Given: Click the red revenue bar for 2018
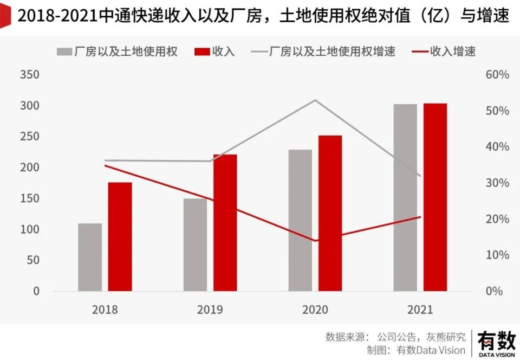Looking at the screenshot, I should [x=120, y=236].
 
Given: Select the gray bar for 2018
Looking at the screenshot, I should [x=90, y=257].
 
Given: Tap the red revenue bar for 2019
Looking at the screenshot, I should [x=225, y=223].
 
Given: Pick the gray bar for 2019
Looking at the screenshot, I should [x=195, y=245].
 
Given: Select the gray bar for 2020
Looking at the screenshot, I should [x=300, y=220].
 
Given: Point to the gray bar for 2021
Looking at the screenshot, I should [x=405, y=197].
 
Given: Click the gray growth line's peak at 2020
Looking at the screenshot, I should [x=315, y=100].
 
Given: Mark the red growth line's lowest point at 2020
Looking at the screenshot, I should [x=315, y=241].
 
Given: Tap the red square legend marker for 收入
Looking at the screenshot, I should [x=202, y=52].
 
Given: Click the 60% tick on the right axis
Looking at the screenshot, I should [x=496, y=75].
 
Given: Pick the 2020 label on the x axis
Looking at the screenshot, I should [x=315, y=310].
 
